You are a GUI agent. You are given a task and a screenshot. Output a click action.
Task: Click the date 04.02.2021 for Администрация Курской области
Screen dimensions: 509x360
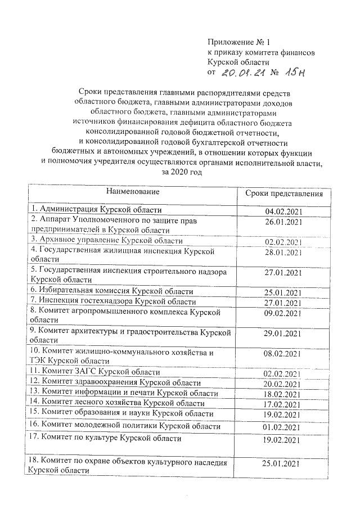(284, 211)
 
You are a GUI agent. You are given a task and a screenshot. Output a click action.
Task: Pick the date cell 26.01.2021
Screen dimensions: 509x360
(284, 222)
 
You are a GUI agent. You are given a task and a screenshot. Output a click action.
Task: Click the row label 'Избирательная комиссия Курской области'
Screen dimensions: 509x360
(112, 291)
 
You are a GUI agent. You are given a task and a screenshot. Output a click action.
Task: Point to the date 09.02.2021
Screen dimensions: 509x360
(284, 312)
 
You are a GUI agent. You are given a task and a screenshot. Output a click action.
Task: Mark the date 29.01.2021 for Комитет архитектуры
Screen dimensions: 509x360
(284, 333)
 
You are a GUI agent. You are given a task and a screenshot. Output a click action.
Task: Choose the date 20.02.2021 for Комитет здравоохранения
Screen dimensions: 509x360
(284, 383)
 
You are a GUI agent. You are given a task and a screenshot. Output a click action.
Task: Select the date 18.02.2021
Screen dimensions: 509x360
(284, 394)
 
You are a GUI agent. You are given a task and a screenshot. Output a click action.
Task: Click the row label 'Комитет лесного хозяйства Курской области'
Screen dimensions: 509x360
(118, 403)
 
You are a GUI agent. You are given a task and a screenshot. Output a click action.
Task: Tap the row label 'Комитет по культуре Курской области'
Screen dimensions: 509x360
(105, 438)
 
